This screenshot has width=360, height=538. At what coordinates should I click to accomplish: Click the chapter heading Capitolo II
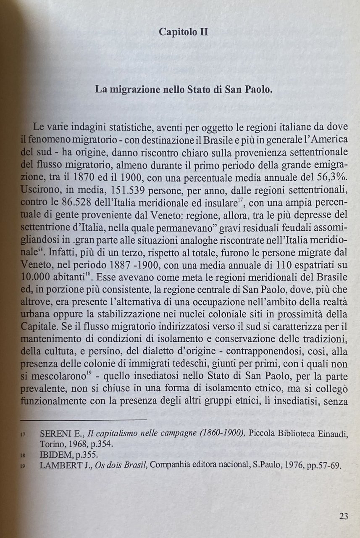click(x=184, y=32)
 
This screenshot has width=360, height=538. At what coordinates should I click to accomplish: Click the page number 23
click(x=343, y=517)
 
